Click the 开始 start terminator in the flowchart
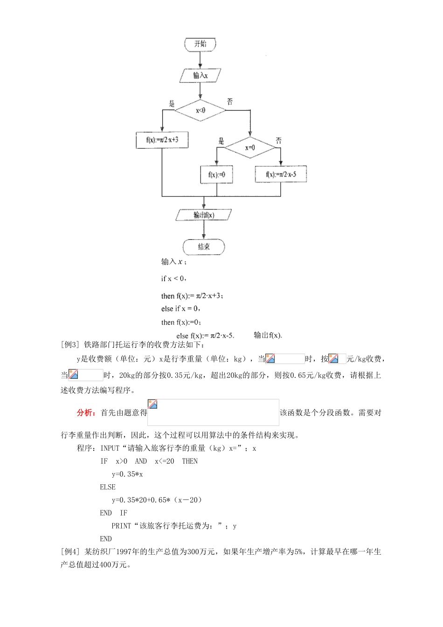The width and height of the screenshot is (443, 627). click(200, 44)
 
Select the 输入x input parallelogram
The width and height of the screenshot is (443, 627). click(200, 75)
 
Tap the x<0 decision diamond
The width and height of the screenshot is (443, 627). click(201, 111)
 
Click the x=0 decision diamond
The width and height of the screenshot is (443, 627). click(250, 147)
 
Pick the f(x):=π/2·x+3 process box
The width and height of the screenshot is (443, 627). click(162, 140)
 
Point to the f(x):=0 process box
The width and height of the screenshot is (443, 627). click(216, 174)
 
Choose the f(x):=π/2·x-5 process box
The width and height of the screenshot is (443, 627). click(281, 174)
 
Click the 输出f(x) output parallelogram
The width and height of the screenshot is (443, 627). click(204, 215)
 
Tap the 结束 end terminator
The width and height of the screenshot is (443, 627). click(204, 247)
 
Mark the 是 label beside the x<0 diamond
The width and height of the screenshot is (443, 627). click(171, 104)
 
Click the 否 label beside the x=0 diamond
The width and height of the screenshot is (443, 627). click(278, 140)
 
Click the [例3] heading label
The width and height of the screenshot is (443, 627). click(70, 345)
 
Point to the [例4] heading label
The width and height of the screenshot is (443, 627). click(70, 551)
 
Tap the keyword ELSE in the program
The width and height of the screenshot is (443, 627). click(108, 487)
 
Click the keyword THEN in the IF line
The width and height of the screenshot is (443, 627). click(190, 461)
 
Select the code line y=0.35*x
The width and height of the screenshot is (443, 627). click(127, 474)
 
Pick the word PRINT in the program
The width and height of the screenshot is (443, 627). click(121, 526)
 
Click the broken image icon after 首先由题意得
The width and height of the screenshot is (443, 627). click(152, 404)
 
